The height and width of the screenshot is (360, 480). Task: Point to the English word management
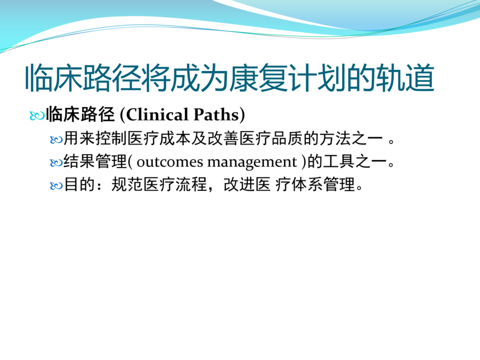(x=252, y=162)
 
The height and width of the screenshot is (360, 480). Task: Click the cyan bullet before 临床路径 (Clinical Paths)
(x=37, y=116)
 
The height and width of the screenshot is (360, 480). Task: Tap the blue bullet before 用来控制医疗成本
(x=56, y=140)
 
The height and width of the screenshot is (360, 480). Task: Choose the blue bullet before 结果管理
(x=56, y=163)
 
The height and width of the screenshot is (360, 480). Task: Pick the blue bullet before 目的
(x=56, y=185)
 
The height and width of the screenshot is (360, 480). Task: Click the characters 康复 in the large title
(x=258, y=78)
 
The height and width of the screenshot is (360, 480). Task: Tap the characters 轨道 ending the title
(x=405, y=78)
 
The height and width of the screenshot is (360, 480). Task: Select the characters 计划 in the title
(x=318, y=78)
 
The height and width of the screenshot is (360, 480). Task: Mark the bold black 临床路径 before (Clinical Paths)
(x=80, y=114)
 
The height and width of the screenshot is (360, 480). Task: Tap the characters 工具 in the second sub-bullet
(x=339, y=161)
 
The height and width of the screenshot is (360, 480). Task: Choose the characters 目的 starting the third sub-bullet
(x=80, y=184)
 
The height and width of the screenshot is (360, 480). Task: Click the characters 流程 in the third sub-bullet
(x=191, y=184)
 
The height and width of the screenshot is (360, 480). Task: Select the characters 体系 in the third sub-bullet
(x=308, y=184)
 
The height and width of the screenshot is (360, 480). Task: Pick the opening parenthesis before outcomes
(x=130, y=162)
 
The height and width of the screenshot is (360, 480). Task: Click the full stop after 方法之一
(x=391, y=142)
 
